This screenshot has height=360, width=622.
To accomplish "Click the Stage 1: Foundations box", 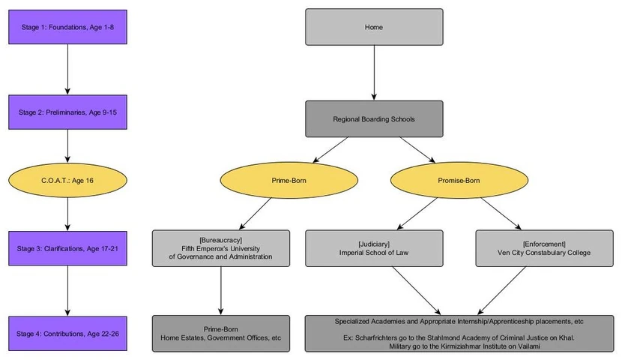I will [x=67, y=27].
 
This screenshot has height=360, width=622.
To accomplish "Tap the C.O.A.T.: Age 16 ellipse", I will [x=67, y=181].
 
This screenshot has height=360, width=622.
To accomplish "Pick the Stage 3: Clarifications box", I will [x=67, y=247].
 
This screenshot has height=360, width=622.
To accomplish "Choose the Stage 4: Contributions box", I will [x=67, y=333].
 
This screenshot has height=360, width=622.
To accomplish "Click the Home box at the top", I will [x=374, y=27].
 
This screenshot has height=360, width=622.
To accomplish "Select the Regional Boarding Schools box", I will [x=374, y=118].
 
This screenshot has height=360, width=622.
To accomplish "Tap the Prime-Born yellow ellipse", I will [x=289, y=181].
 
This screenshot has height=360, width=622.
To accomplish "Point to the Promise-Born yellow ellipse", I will [x=459, y=181].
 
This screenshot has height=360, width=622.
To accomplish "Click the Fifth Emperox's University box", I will [x=220, y=247].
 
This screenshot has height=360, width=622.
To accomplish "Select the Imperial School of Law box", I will [x=374, y=247].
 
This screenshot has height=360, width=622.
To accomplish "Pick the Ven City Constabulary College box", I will [x=545, y=247].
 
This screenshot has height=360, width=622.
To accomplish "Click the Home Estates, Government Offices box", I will [x=220, y=333].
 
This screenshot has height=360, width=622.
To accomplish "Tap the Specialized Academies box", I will [x=459, y=333].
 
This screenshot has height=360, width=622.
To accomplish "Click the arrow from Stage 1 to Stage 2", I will [x=67, y=69].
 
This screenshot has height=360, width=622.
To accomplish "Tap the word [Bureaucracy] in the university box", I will [x=220, y=238].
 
